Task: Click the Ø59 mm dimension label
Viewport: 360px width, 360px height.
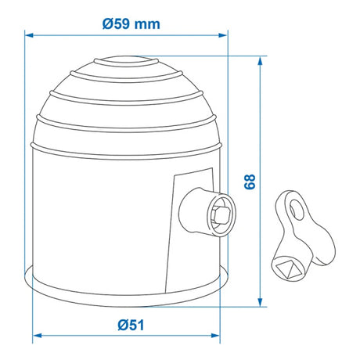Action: pyautogui.click(x=131, y=24)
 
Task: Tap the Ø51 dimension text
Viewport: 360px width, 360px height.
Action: pyautogui.click(x=131, y=326)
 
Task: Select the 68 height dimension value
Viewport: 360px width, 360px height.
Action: pyautogui.click(x=250, y=182)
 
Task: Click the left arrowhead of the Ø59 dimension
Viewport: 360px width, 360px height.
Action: pyautogui.click(x=29, y=35)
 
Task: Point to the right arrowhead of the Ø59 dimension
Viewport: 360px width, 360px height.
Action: pyautogui.click(x=223, y=35)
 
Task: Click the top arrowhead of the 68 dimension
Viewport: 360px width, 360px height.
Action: pyautogui.click(x=260, y=60)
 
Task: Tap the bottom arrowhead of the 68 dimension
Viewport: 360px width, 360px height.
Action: pyautogui.click(x=260, y=302)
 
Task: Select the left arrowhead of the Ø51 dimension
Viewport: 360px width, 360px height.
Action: pyautogui.click(x=37, y=335)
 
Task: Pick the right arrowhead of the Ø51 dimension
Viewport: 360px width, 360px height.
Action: pyautogui.click(x=216, y=335)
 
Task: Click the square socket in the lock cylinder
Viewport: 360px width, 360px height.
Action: pyautogui.click(x=221, y=215)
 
